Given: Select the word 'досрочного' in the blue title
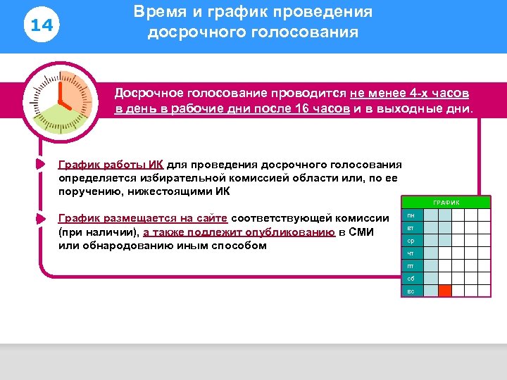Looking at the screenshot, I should coord(184,33).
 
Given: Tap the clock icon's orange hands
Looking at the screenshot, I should coord(62,99).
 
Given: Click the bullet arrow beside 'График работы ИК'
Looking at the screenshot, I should coord(40,165).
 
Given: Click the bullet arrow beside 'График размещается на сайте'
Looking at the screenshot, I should coord(40,217).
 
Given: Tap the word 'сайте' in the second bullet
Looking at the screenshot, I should coord(210,217).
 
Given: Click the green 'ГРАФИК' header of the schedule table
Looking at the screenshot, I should coord(446,203).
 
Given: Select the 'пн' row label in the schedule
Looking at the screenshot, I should coord(411,215).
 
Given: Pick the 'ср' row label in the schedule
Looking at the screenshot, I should coord(411,241).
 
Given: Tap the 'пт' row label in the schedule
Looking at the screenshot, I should coord(411,266).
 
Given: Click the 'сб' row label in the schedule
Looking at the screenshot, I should coord(411,279).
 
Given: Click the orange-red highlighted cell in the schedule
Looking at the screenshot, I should coord(444,291).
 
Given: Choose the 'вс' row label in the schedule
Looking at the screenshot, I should coord(411,291).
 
